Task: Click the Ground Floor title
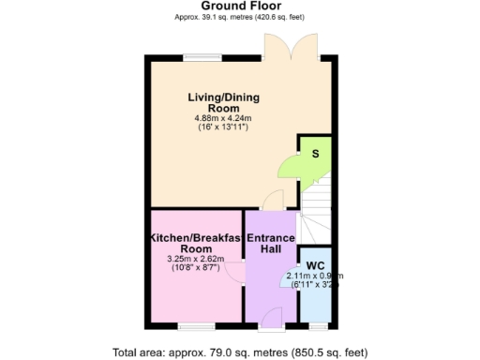[x=240, y=6]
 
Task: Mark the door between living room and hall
[x=273, y=200]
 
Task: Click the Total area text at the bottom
[x=239, y=352]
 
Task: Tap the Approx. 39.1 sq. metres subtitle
[x=240, y=17]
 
